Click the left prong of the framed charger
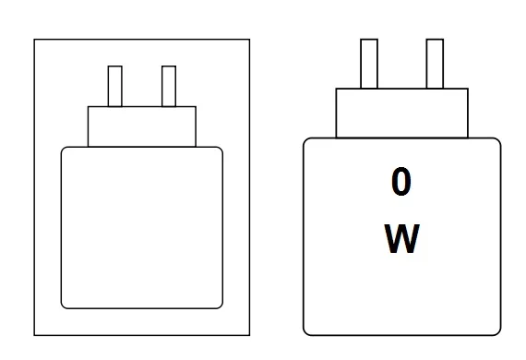115,86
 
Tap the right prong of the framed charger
168,86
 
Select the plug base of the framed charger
142,126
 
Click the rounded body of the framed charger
142,227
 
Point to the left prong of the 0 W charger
369,63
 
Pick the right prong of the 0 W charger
435,63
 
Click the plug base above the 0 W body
402,113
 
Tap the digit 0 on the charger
400,183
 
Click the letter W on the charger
401,239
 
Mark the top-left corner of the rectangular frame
35,40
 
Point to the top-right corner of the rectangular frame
249,40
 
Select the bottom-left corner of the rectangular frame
35,334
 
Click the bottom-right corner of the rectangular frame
249,334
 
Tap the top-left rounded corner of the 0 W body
307,141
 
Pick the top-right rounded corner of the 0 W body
497,141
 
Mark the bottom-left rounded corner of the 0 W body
307,331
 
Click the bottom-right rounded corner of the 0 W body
497,331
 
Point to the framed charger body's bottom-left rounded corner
65,305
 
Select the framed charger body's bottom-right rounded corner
220,305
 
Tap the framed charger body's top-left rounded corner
65,150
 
